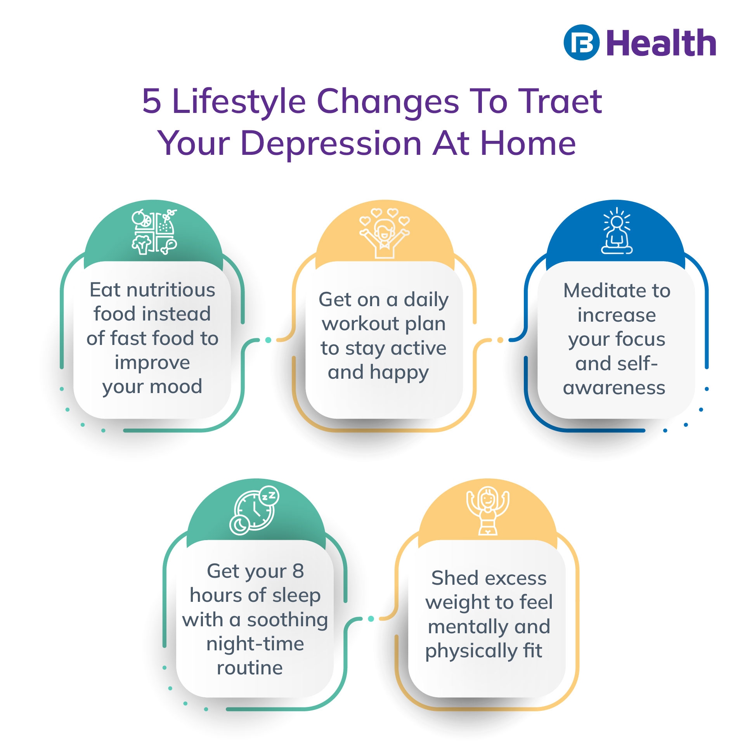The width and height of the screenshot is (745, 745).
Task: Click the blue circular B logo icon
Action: click(x=581, y=42)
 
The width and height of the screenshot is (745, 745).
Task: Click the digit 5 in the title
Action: click(x=152, y=101)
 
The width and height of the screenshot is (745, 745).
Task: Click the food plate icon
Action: click(x=154, y=232)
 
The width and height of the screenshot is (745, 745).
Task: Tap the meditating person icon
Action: click(x=617, y=232)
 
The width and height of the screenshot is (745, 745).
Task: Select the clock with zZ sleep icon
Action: click(x=255, y=510)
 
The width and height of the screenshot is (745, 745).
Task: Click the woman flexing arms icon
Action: click(x=488, y=511)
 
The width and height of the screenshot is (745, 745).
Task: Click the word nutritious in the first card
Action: click(x=171, y=290)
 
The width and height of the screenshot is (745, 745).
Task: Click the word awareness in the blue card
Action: click(x=614, y=388)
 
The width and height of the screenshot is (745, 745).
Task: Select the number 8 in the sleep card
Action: click(x=298, y=571)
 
